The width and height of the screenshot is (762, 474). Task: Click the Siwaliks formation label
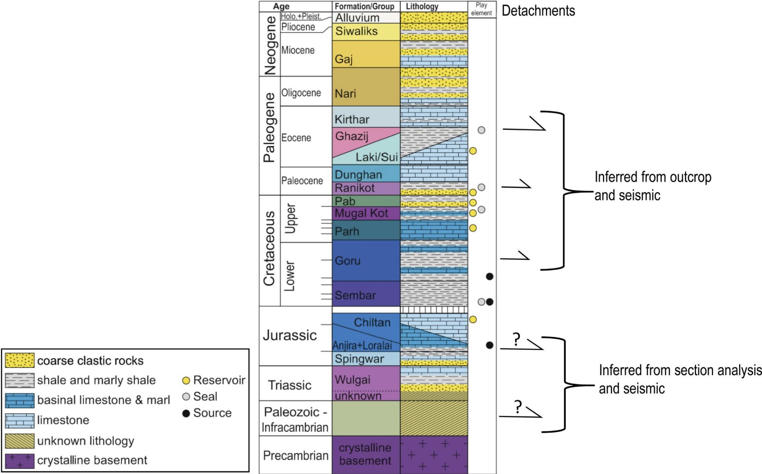(356, 31)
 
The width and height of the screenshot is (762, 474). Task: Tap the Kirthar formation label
(351, 120)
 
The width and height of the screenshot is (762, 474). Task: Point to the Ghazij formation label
(351, 136)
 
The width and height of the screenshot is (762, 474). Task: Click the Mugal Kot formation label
(361, 213)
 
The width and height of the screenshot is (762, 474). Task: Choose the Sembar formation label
(355, 295)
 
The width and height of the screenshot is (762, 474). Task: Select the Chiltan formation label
(372, 322)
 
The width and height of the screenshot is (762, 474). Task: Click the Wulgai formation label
(352, 380)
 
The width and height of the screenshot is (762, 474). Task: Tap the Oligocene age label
(301, 93)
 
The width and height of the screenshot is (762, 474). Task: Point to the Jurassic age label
(290, 336)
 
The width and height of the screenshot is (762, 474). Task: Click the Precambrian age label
(295, 456)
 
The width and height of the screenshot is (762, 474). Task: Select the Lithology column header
(422, 7)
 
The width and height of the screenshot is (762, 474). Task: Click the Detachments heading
(538, 11)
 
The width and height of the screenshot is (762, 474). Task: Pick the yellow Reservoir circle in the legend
(186, 380)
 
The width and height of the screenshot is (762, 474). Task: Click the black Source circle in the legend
(186, 413)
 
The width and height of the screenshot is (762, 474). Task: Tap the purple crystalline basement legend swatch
(20, 461)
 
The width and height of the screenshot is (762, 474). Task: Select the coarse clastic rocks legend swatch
(20, 360)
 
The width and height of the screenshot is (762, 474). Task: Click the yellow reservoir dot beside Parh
(473, 228)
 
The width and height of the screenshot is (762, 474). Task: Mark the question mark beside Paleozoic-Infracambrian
(518, 407)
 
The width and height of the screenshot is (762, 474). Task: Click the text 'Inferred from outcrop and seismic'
(652, 186)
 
